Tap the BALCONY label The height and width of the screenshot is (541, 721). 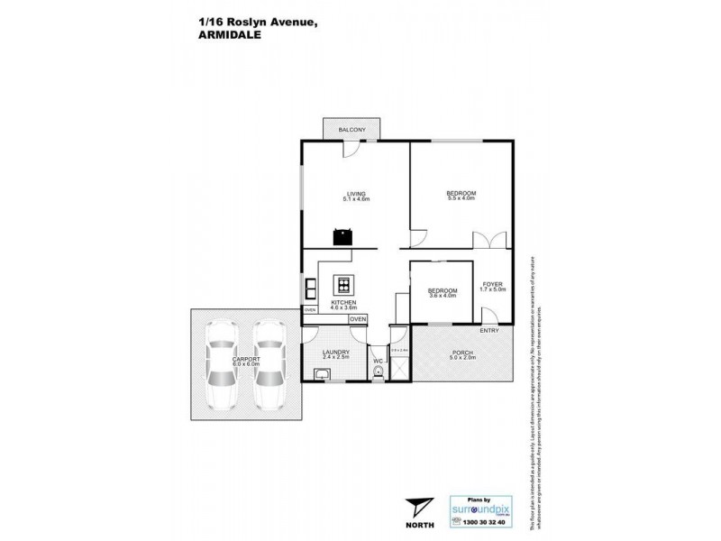[351, 132]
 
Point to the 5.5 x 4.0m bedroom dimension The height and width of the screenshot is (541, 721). [461, 200]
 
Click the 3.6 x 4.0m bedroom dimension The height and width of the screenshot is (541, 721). [442, 295]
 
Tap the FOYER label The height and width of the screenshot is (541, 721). [492, 284]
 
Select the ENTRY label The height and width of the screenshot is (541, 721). [488, 330]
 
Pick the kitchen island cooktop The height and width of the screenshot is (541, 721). [343, 286]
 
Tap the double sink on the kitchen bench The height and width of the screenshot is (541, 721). [309, 289]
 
